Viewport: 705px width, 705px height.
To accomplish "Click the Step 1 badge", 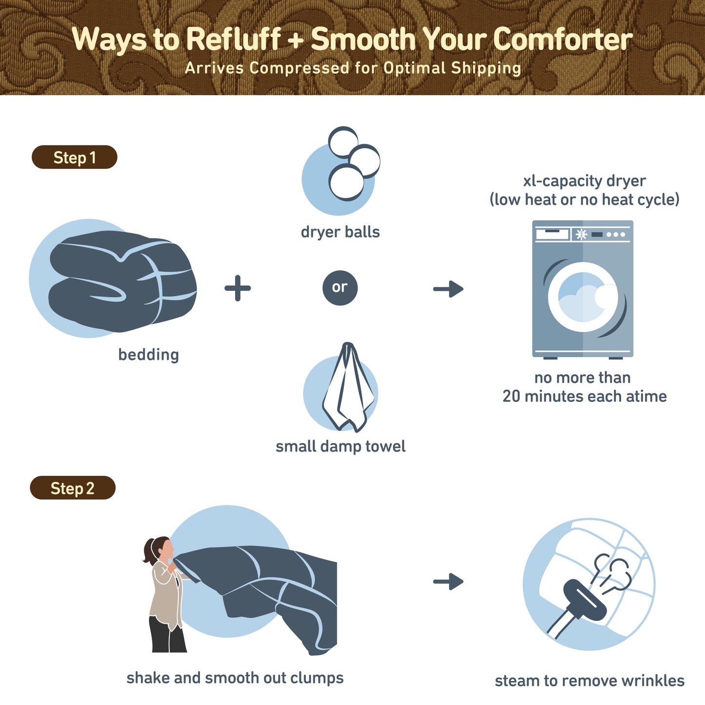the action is point(74,157).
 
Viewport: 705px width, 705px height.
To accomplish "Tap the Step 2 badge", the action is point(72,488).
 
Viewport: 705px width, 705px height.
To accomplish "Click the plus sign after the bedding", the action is point(238,288).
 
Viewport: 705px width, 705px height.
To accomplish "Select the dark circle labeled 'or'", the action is point(340,287).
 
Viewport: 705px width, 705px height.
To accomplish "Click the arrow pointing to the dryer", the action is point(448,289).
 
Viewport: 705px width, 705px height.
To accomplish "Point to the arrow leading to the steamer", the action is point(448,582).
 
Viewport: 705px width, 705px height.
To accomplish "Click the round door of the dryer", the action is point(583,297).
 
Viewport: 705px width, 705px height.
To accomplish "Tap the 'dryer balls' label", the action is point(340,232).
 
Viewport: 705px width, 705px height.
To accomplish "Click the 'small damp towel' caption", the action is point(341,446).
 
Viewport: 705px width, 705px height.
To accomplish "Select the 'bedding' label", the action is point(148,354).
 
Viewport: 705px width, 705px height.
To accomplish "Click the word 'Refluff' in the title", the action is point(233,39).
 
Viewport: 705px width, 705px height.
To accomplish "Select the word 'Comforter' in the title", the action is point(563,39).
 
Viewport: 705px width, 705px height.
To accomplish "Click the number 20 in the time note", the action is point(511,396).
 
